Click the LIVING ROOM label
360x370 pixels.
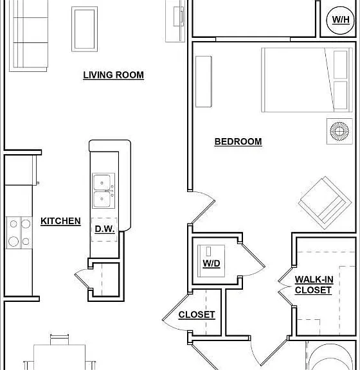(113, 75)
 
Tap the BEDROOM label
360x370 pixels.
(238, 141)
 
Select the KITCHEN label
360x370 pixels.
(60, 221)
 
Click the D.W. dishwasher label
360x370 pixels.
(105, 229)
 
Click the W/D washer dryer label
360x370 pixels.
(212, 263)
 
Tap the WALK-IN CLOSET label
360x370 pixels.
(314, 285)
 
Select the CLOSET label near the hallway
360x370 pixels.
(197, 315)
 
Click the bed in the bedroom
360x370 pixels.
(307, 80)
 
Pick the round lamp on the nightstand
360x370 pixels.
(339, 131)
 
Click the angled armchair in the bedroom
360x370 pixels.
(325, 203)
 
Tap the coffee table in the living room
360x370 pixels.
(85, 29)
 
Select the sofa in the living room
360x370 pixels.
(28, 35)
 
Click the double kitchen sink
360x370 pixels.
(104, 191)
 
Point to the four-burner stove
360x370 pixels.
(19, 233)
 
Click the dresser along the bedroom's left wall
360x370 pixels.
(204, 82)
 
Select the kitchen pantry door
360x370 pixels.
(82, 278)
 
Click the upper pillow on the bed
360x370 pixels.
(341, 65)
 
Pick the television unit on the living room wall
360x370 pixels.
(175, 21)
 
